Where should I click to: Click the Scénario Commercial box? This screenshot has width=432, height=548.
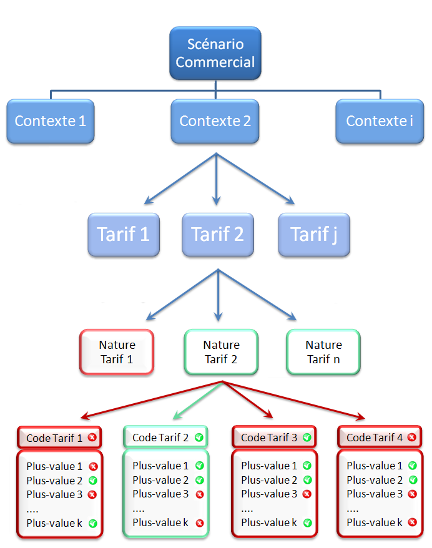(x=215, y=53)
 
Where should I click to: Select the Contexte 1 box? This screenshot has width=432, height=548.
(x=51, y=121)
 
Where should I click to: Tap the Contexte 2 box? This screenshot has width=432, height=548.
(x=215, y=121)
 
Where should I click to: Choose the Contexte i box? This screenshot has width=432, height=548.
(x=380, y=121)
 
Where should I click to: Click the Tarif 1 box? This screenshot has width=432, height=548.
(x=124, y=235)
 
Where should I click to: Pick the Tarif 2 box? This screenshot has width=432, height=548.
(x=218, y=235)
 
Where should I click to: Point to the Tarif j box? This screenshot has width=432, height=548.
(x=314, y=235)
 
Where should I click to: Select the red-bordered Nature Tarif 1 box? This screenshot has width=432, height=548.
(x=117, y=352)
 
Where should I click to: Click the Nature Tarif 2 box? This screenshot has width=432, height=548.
(x=221, y=352)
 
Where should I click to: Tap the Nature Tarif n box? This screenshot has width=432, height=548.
(x=323, y=352)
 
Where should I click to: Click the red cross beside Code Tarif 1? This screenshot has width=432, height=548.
(x=92, y=438)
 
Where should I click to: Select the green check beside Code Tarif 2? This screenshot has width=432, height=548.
(x=199, y=438)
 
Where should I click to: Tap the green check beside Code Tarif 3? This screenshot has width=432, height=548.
(x=307, y=438)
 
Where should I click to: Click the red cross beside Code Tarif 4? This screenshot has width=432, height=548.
(x=412, y=438)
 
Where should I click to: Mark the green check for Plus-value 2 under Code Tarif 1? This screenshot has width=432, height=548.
(x=92, y=481)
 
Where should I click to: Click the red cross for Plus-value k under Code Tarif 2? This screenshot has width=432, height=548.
(x=200, y=523)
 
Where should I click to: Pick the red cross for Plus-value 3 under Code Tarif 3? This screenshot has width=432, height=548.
(x=307, y=494)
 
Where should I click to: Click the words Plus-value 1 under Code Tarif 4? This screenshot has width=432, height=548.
(x=375, y=466)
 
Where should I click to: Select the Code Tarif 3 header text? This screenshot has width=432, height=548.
(x=269, y=438)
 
